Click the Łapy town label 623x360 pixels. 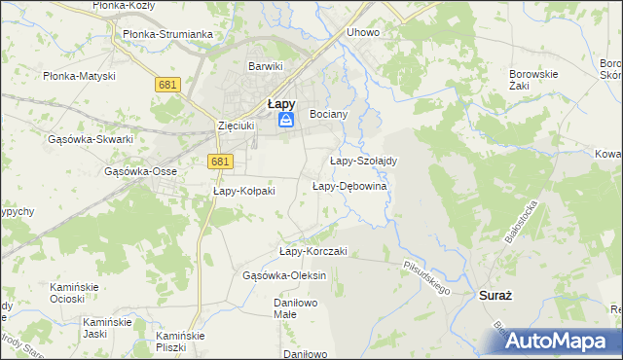(x=282, y=102)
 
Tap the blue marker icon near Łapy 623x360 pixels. (x=286, y=120)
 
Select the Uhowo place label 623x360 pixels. (x=363, y=32)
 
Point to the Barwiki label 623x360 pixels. (x=265, y=66)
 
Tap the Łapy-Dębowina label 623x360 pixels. (x=349, y=186)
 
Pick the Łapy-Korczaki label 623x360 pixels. (x=312, y=251)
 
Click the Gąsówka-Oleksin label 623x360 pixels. (x=284, y=275)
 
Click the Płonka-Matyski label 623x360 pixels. (x=79, y=76)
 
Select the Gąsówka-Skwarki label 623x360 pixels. (x=90, y=139)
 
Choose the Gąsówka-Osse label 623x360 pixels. (x=140, y=171)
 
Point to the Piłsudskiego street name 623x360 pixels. (x=425, y=276)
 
